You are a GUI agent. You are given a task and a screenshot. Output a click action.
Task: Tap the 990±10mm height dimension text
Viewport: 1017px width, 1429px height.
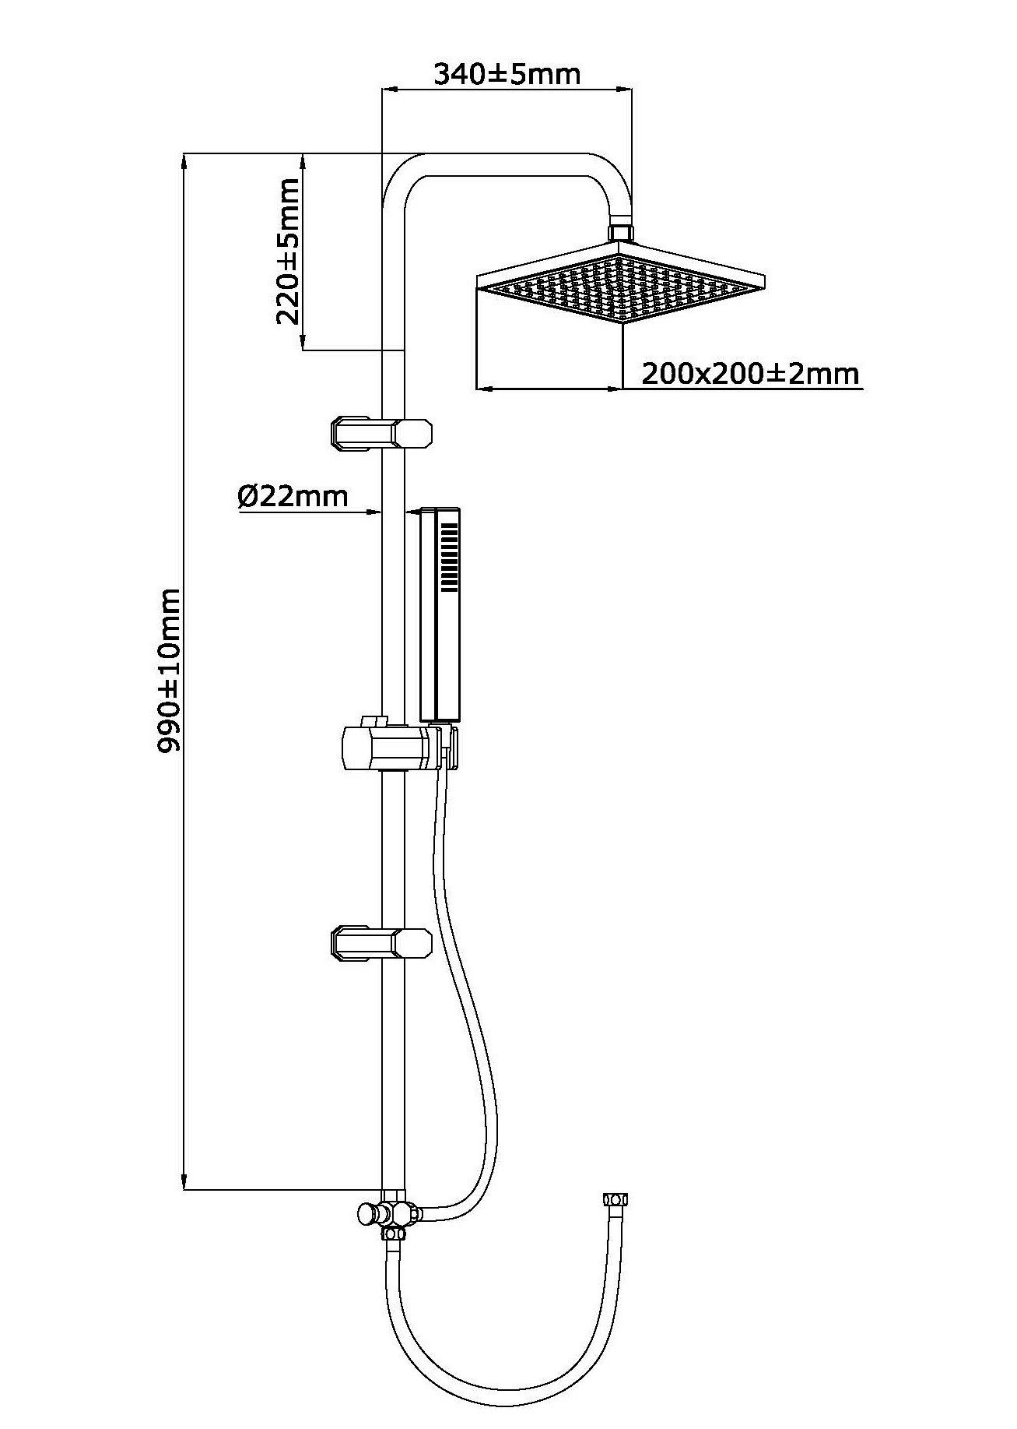[169, 671]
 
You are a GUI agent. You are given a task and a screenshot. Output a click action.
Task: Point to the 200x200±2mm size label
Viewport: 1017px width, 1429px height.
[750, 374]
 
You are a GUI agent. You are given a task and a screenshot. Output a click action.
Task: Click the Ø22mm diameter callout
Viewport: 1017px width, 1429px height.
[293, 495]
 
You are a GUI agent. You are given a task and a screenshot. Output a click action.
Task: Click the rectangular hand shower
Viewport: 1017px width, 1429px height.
[441, 614]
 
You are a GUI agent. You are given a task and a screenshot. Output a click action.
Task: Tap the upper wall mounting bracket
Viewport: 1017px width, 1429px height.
[381, 434]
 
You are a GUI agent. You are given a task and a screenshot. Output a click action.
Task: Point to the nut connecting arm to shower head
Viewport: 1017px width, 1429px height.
[620, 232]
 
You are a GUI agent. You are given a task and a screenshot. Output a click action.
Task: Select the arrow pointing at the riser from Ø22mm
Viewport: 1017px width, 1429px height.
[377, 511]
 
